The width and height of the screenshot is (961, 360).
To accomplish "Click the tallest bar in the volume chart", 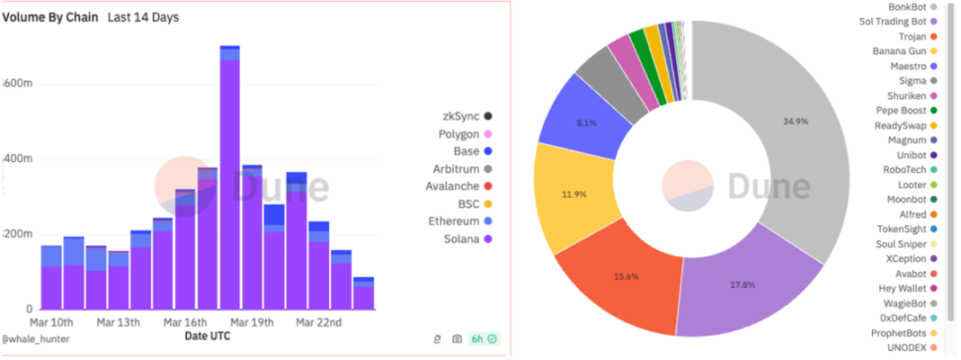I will click(x=229, y=178).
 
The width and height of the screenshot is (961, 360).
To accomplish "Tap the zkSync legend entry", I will click(x=465, y=117).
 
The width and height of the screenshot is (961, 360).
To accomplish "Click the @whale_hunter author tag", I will click(x=31, y=337).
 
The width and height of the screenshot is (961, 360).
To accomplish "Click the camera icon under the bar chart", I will click(x=457, y=338).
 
